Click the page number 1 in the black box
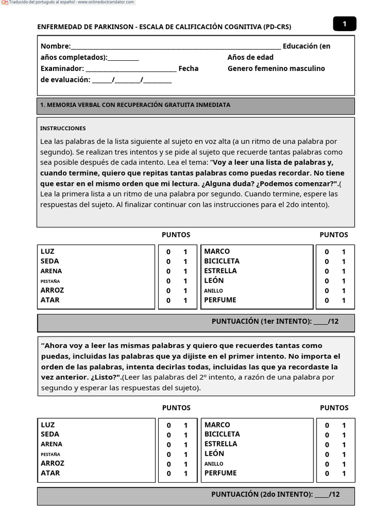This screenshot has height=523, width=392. (x=345, y=24)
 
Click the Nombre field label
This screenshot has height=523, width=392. (x=56, y=46)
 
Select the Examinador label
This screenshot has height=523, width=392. (x=62, y=68)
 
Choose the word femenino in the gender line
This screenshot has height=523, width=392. (x=271, y=68)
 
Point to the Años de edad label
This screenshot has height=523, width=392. (x=250, y=57)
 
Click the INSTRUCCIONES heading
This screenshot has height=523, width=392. (x=63, y=129)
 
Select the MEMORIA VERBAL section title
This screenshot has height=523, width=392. (x=135, y=105)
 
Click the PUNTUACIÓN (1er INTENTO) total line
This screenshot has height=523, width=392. (x=275, y=321)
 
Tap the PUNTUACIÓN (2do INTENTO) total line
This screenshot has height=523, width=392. (x=275, y=494)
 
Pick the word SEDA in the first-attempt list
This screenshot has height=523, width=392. (x=50, y=261)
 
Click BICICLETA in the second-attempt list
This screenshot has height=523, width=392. (x=222, y=434)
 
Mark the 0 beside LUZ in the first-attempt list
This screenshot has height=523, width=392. (x=168, y=252)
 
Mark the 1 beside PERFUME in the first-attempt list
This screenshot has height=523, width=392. (x=344, y=301)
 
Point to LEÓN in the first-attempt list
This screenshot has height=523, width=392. (x=214, y=280)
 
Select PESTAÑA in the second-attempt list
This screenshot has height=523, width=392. (x=51, y=454)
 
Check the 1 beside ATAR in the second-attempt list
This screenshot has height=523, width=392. (x=186, y=474)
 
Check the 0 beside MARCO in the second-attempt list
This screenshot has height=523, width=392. (x=327, y=425)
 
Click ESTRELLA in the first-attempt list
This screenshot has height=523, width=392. (x=220, y=271)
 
